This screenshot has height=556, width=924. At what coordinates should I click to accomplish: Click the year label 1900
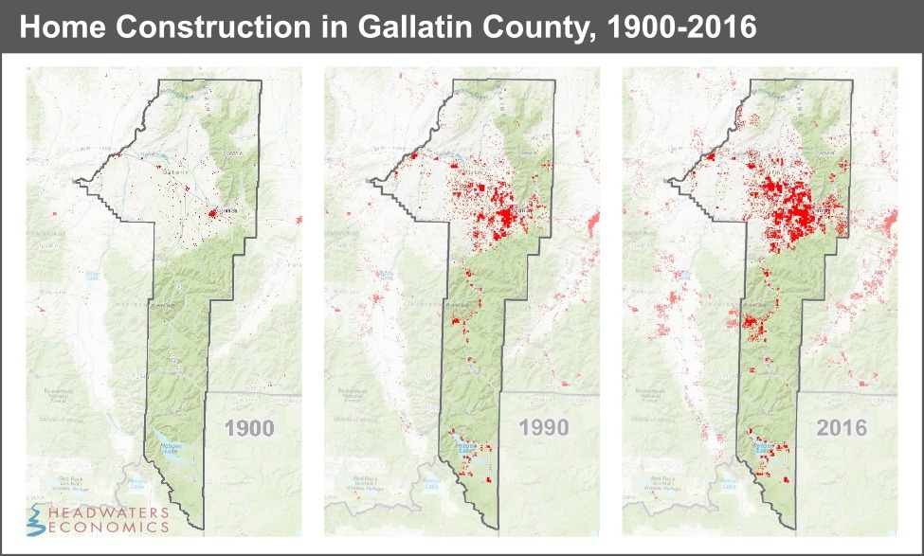pyautogui.click(x=250, y=427)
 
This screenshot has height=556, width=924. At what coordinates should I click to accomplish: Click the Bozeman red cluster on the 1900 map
pyautogui.click(x=212, y=214)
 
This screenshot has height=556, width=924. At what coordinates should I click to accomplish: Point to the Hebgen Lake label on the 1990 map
pyautogui.click(x=466, y=443)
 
